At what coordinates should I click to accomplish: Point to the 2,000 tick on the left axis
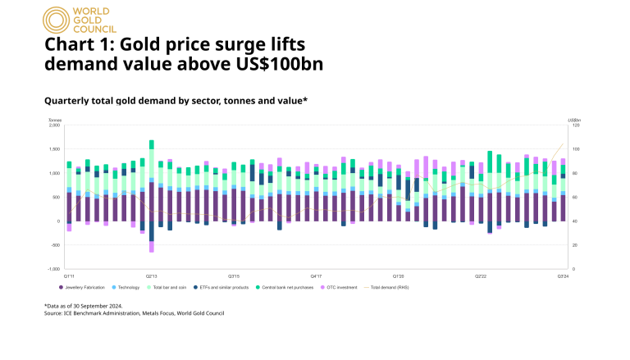55,125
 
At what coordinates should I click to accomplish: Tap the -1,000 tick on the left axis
54,269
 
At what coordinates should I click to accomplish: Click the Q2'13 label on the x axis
152,276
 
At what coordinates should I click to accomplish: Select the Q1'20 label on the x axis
398,276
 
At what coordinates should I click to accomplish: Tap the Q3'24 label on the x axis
562,276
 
